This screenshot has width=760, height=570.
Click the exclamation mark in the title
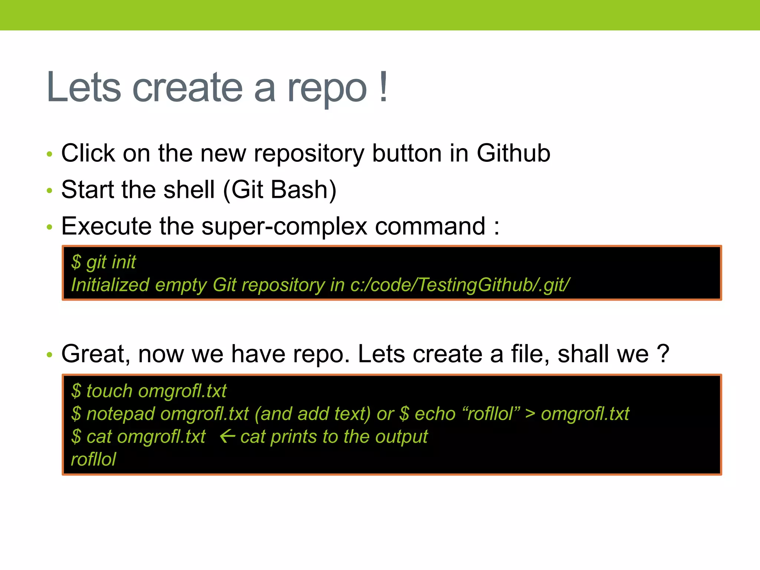click(384, 87)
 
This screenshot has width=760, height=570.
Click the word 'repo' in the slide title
click(327, 89)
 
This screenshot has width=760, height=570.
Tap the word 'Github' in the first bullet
click(513, 153)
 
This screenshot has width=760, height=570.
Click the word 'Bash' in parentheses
click(299, 190)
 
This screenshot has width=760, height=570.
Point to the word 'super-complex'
click(284, 226)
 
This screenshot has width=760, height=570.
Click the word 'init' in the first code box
click(124, 262)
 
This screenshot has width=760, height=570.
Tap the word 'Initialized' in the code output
click(110, 285)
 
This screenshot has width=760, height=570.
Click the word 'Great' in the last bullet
click(95, 354)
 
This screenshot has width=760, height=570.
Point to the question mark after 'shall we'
click(663, 354)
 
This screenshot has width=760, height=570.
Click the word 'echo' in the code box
click(435, 414)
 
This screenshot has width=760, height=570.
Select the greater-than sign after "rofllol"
click(530, 414)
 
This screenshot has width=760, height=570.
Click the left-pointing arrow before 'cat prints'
click(227, 436)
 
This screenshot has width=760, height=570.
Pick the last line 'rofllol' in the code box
click(93, 459)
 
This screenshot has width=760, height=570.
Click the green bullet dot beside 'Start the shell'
click(50, 191)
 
